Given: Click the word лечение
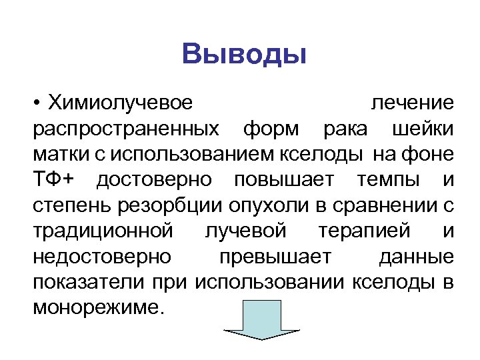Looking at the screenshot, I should click(412, 103).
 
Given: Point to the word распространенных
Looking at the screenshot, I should click(125, 129).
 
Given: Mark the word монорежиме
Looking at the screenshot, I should click(97, 307).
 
